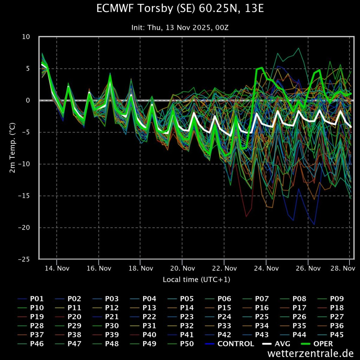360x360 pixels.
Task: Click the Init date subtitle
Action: [180, 27]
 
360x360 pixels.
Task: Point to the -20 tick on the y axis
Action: [24, 227]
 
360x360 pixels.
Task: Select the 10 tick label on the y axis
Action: [26, 37]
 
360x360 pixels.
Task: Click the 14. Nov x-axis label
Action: [57, 268]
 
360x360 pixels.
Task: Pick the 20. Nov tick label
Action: [183, 268]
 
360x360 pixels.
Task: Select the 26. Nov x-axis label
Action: [308, 268]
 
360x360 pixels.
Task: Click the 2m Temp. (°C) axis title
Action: [12, 148]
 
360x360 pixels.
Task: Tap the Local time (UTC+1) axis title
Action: [197, 279]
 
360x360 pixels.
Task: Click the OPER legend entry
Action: [317, 344]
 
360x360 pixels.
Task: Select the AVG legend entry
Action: [276, 344]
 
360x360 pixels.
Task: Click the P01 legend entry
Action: [31, 299]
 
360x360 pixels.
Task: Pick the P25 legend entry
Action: [256, 317]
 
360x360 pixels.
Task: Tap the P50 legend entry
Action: [181, 344]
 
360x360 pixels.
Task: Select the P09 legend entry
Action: [330, 299]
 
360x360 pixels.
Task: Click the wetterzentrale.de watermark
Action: [310, 353]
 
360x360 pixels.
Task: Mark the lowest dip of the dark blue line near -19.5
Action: [314, 225]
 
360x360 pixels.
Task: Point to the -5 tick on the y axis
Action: [26, 132]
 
